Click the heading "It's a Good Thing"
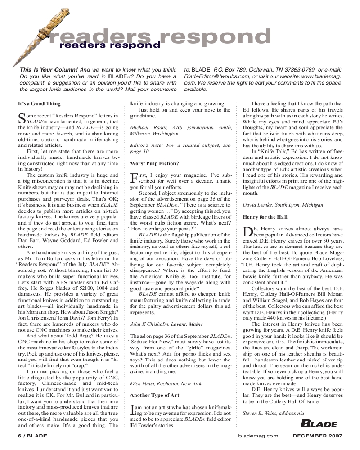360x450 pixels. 35,103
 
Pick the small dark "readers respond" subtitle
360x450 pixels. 109,45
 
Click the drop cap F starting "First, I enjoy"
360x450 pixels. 133,177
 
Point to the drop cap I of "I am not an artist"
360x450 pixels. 132,409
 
